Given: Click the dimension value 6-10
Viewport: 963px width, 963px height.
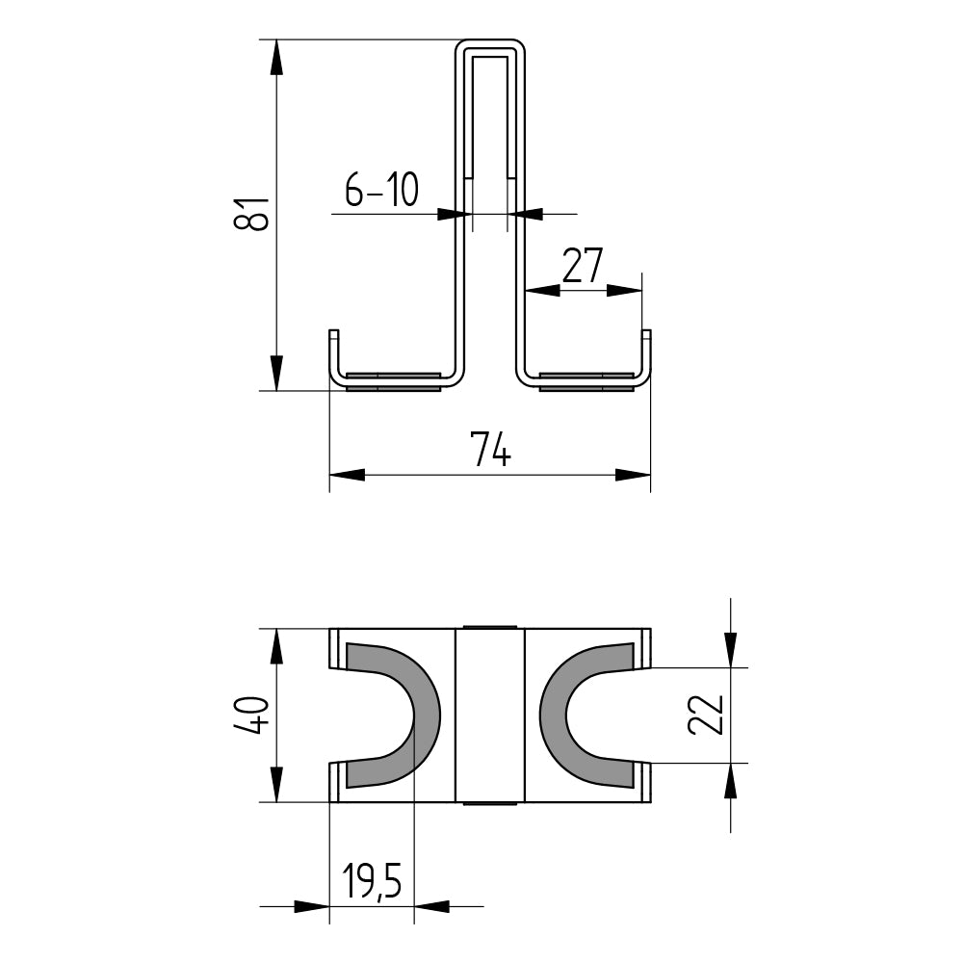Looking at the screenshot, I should point(381,191).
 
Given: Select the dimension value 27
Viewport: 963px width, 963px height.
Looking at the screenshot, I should point(583,265).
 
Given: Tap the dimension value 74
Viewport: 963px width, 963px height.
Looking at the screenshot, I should point(490,450).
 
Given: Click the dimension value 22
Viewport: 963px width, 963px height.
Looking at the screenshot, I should point(706,715).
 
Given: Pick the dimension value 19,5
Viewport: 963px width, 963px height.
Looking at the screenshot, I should point(372,882).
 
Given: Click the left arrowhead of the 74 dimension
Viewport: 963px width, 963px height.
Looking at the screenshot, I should point(348,474).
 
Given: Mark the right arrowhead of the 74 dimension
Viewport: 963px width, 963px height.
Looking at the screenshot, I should point(633,474).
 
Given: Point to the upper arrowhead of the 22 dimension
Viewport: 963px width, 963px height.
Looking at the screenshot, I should point(731,649).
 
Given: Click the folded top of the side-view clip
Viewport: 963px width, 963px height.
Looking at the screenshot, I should point(489,44).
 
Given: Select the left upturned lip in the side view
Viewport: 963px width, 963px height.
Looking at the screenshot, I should point(333,351).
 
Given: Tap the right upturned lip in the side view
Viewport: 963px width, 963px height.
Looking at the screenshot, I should point(646,351).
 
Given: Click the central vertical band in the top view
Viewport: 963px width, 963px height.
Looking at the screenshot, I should point(489,715).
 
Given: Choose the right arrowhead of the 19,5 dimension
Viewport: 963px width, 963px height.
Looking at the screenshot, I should point(431,906).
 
